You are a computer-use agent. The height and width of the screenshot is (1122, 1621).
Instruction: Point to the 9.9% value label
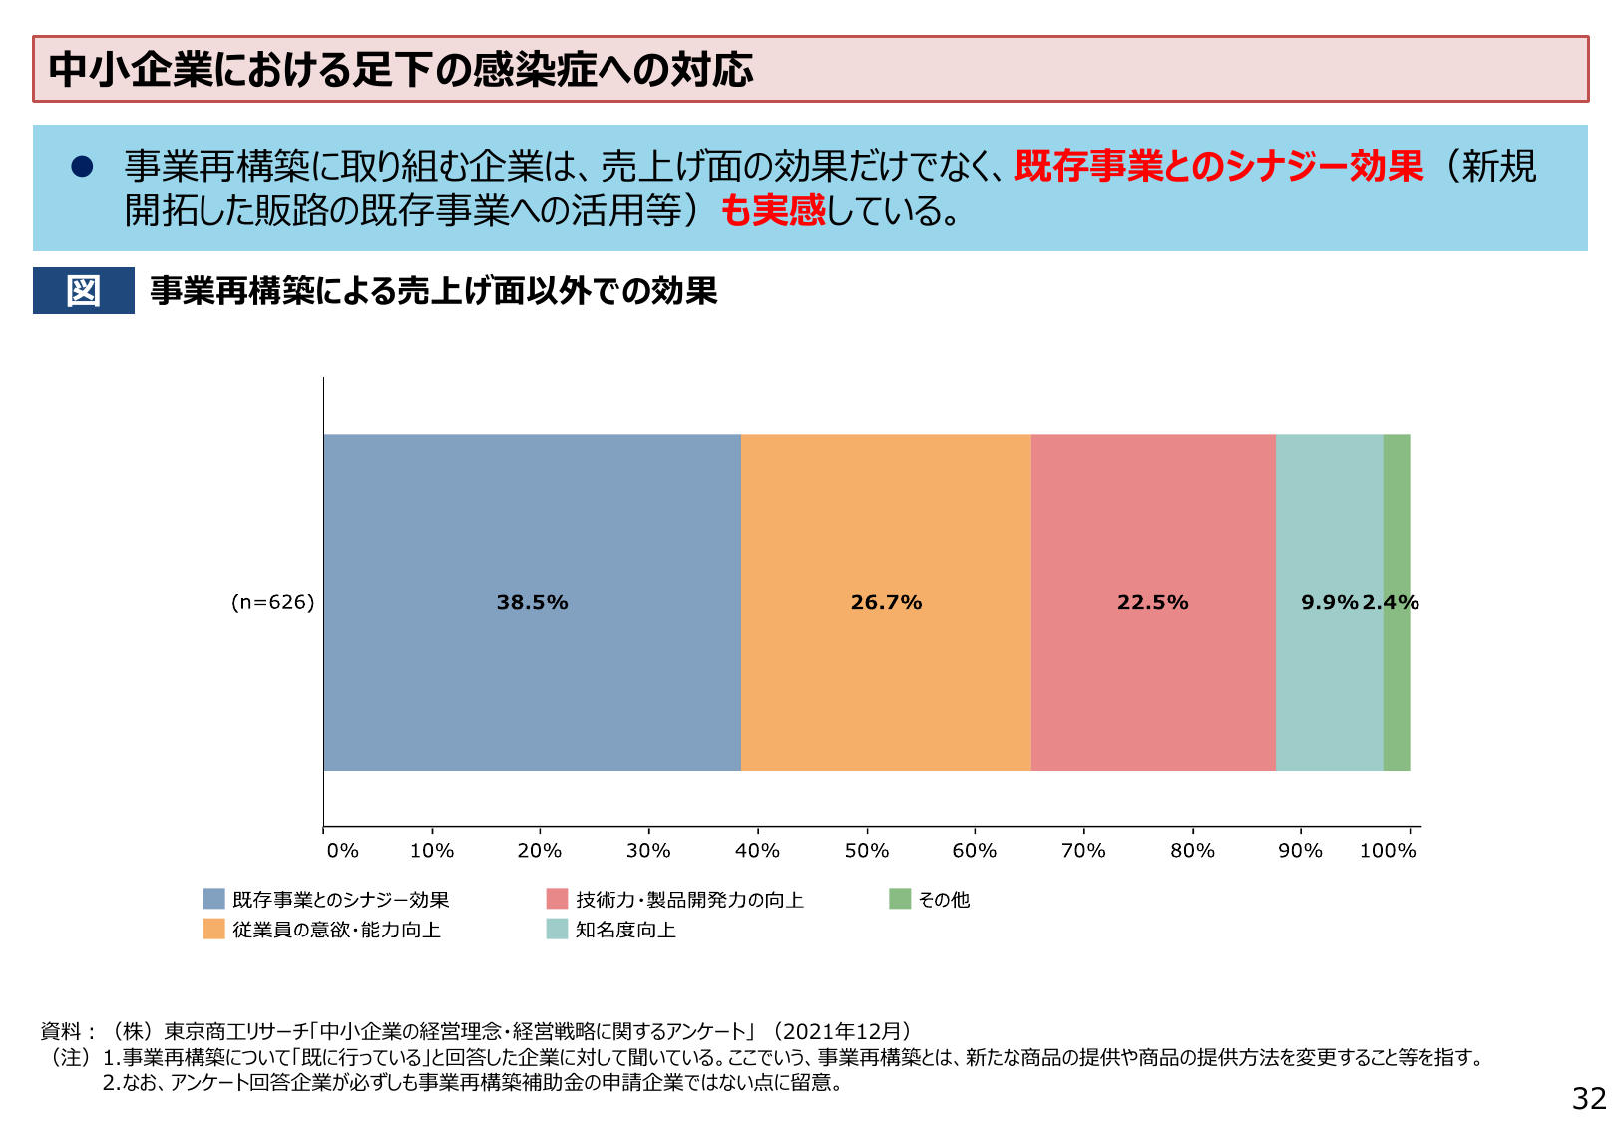[x=1329, y=602]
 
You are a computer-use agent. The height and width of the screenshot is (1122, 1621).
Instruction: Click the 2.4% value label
[x=1391, y=602]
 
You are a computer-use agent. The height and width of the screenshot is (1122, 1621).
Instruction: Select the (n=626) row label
[x=272, y=602]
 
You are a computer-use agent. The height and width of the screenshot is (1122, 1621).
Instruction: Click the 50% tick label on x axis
[x=866, y=851]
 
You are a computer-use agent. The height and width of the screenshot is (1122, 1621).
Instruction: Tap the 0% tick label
[x=342, y=851]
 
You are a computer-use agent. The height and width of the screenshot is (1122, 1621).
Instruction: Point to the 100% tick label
[x=1388, y=851]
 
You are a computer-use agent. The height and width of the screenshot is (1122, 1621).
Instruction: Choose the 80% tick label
[x=1192, y=851]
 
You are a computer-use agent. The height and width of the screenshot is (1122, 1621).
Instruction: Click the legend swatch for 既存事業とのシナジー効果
[x=213, y=899]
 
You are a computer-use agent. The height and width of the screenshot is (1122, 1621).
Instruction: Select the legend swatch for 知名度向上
[x=557, y=930]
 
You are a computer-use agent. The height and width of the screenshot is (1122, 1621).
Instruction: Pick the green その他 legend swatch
[x=900, y=899]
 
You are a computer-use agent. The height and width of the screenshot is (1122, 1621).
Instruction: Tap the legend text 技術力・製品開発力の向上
[x=689, y=900]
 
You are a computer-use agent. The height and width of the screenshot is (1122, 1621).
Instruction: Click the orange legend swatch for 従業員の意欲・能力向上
[x=213, y=930]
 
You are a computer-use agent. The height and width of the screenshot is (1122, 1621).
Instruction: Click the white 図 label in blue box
[x=83, y=291]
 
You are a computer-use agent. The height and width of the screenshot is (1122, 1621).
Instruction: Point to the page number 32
[x=1589, y=1098]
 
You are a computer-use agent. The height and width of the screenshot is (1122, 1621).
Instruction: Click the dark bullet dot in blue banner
[x=82, y=166]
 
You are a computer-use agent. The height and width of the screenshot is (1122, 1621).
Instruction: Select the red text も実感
[x=773, y=210]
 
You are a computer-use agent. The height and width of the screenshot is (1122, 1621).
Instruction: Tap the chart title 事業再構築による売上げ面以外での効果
[x=433, y=291]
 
